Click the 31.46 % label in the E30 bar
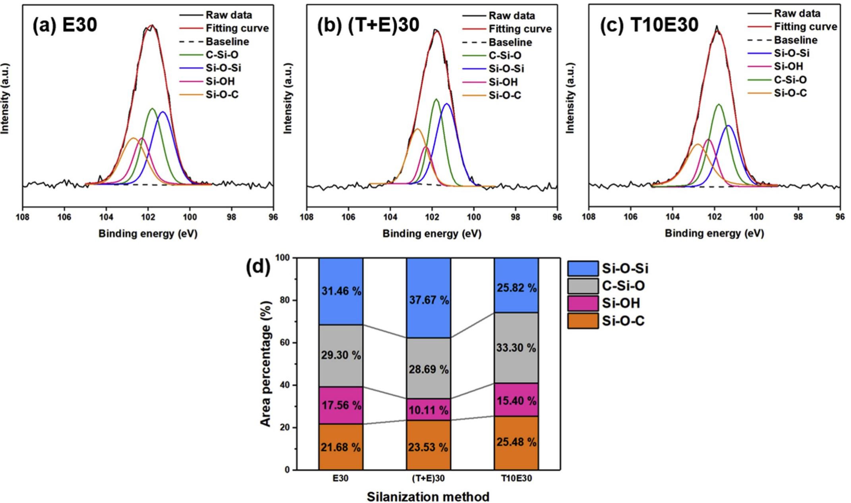tap(341, 291)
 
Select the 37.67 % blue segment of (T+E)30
tap(428, 300)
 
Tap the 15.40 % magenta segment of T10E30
tap(516, 401)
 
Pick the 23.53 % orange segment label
tap(428, 447)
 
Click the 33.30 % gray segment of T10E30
tap(516, 348)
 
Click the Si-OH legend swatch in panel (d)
tap(582, 303)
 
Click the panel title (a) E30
tap(65, 25)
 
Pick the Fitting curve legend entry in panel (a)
tap(237, 28)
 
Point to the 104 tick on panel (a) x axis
tap(106, 217)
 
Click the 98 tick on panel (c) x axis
tap(798, 217)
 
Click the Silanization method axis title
tap(428, 497)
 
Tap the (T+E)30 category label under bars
tap(428, 478)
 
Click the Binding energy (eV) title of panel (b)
tap(432, 234)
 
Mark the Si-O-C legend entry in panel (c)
tap(790, 93)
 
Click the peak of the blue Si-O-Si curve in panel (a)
tap(163, 112)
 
